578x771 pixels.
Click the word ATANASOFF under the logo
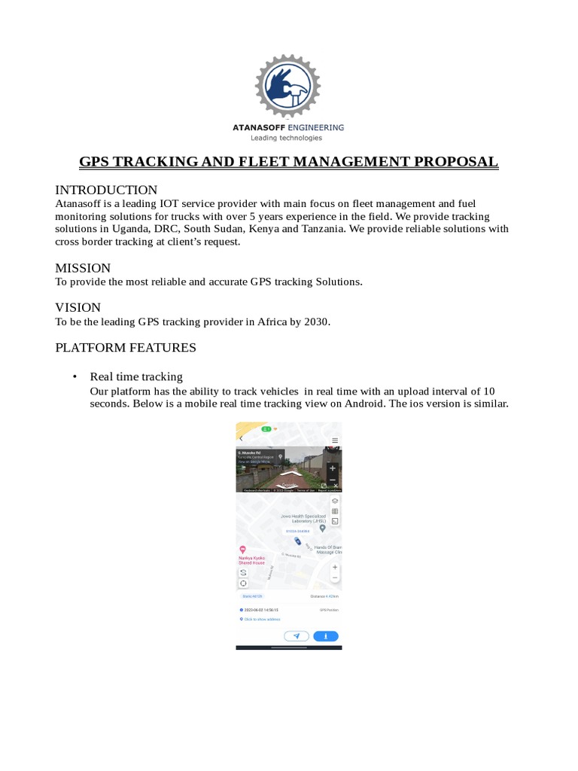260,128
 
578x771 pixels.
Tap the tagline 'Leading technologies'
286,138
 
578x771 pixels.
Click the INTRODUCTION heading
106,190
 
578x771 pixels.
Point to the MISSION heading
83,268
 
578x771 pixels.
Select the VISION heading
78,307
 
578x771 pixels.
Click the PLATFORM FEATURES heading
126,348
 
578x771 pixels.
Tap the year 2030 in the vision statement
316,322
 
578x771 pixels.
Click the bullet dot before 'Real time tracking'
75,376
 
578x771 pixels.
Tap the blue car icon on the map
298,541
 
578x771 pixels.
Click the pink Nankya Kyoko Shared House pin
242,550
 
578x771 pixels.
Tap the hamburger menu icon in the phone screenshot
335,440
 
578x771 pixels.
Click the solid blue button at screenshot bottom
325,635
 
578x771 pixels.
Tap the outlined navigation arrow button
297,635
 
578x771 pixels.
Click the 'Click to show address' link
261,619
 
